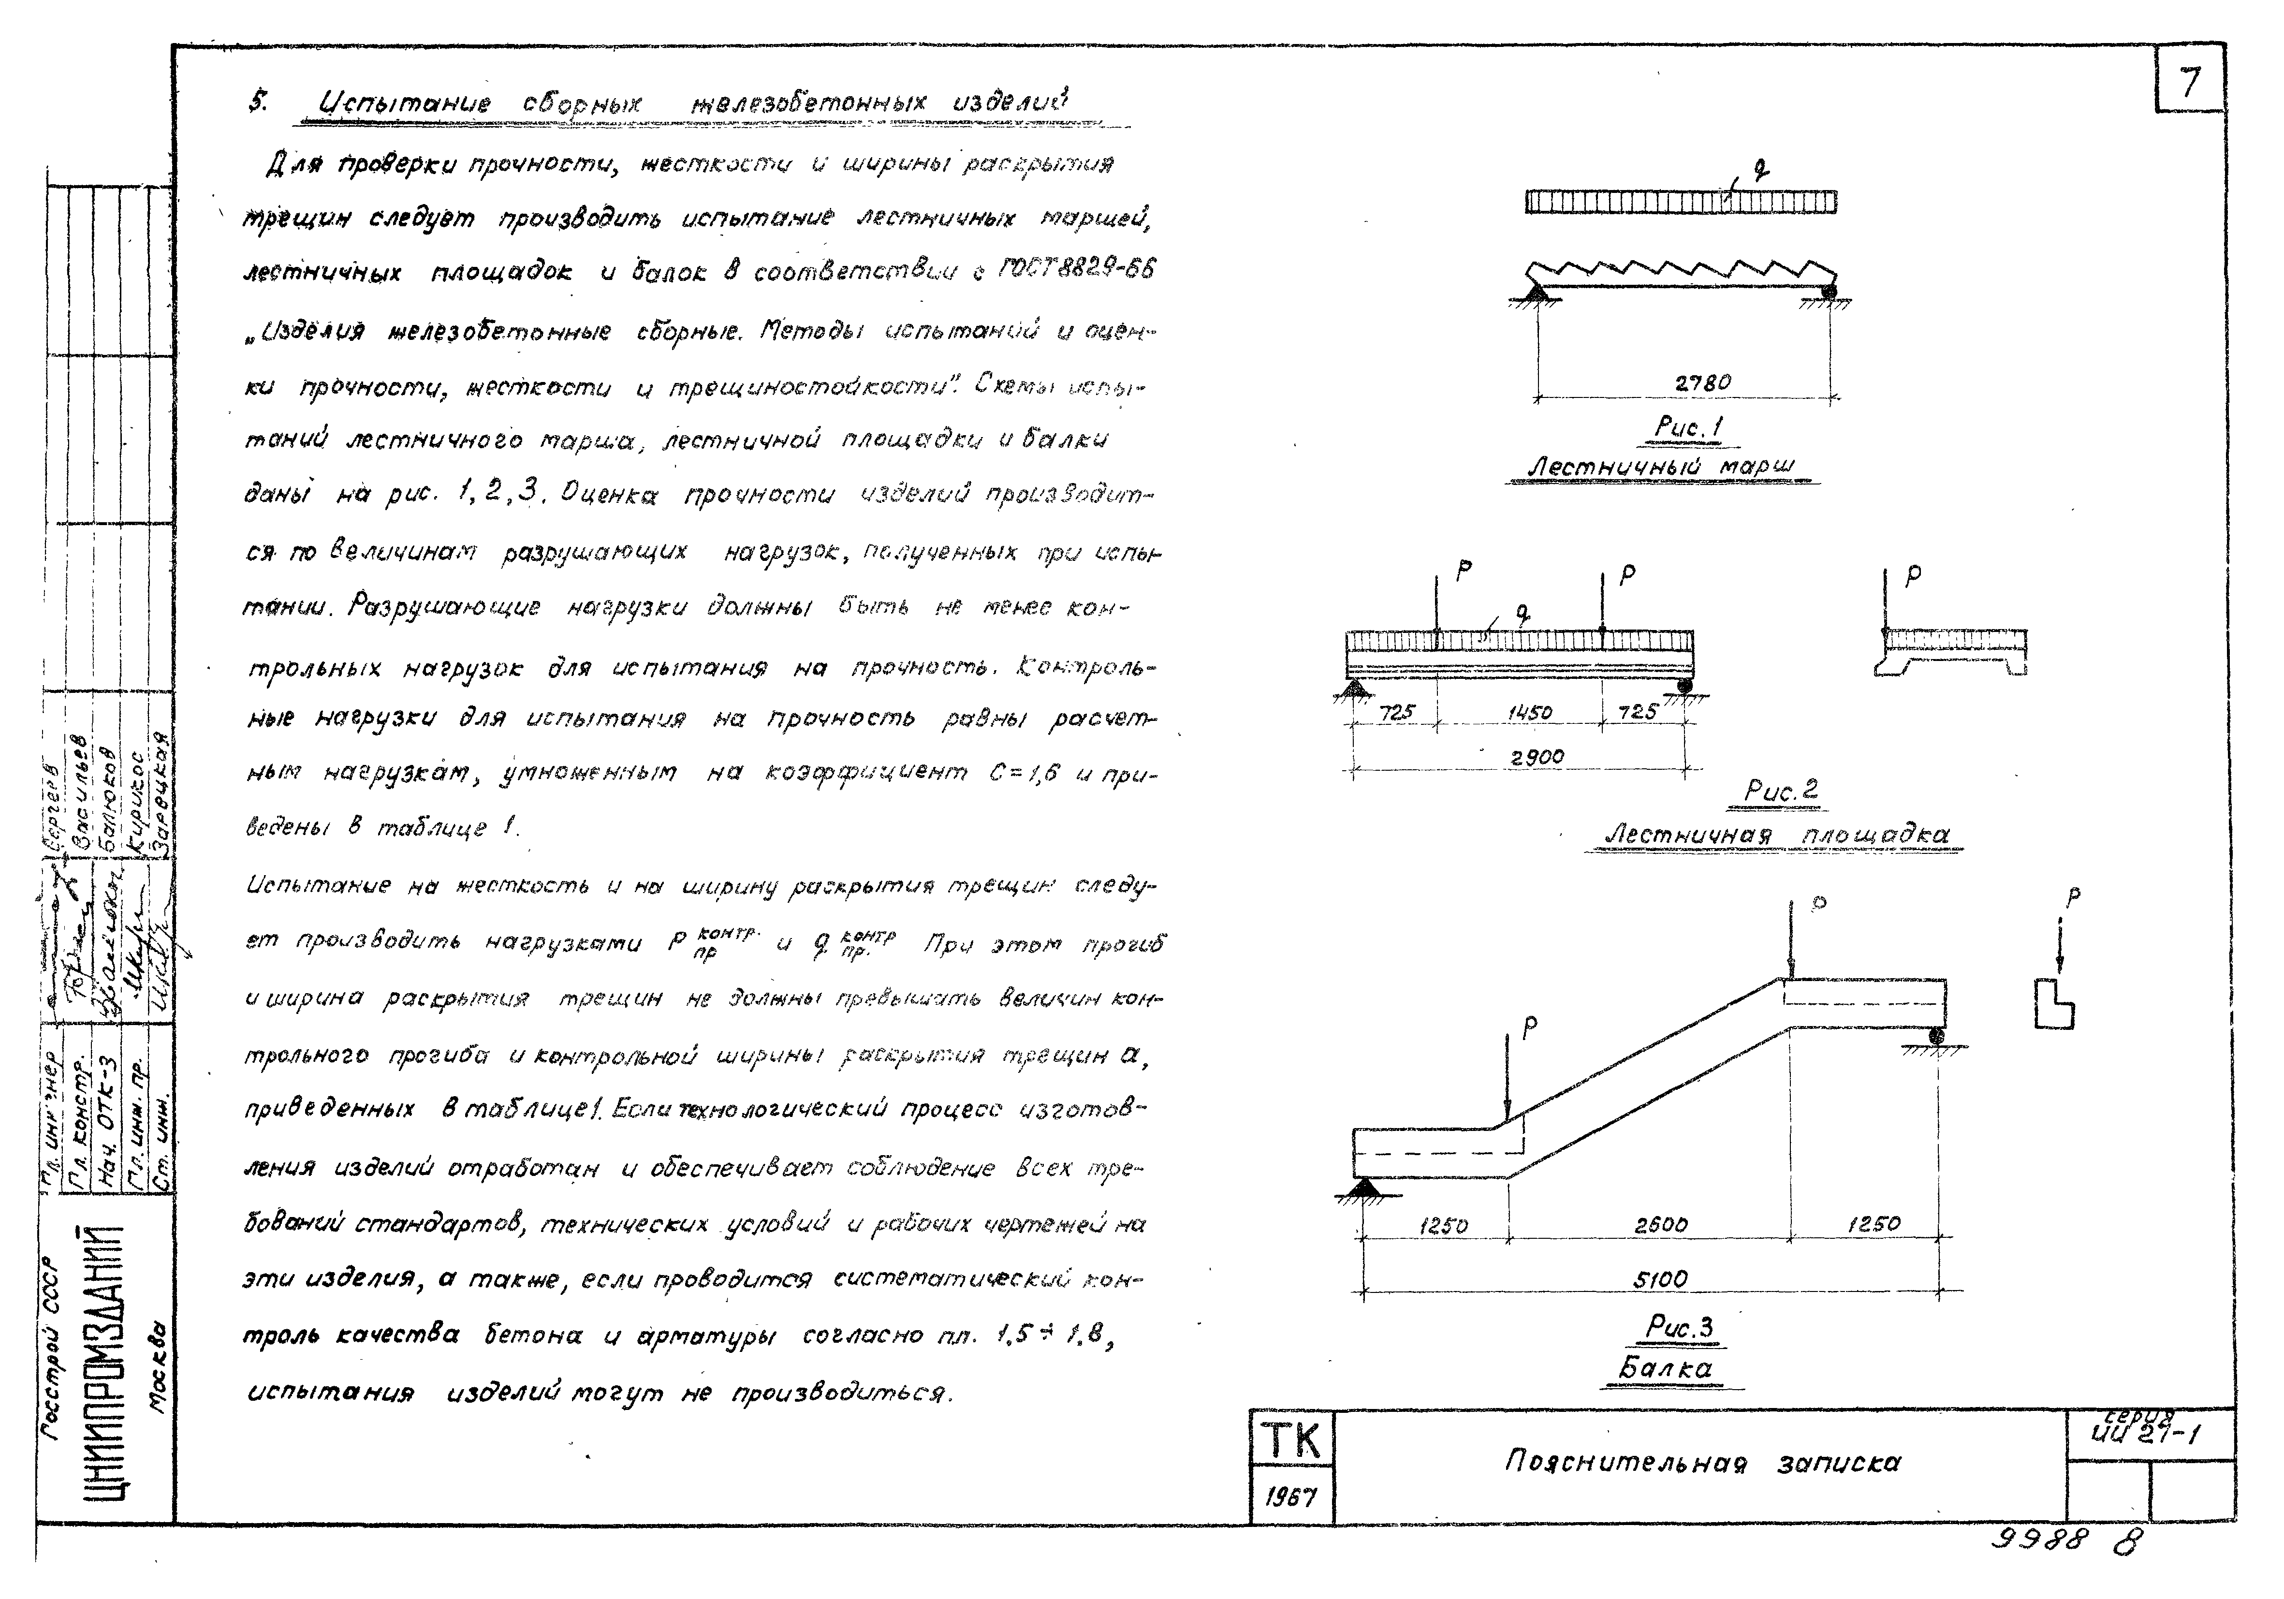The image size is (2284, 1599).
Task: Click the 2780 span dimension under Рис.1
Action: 1702,382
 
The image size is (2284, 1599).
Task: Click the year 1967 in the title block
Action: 1291,1496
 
